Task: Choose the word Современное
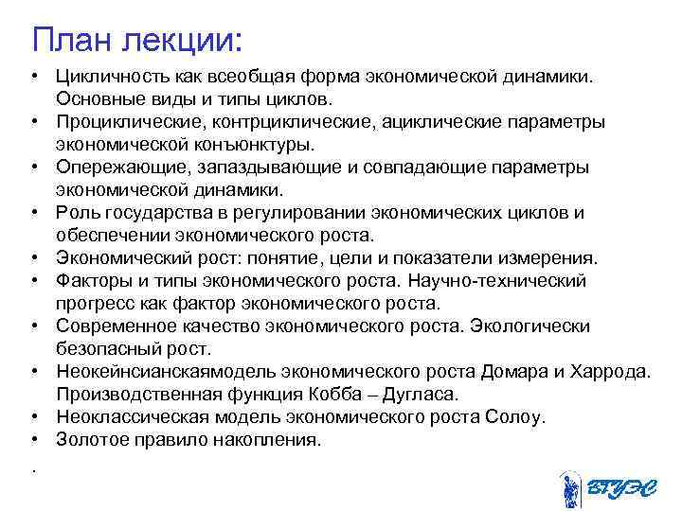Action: (113, 326)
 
